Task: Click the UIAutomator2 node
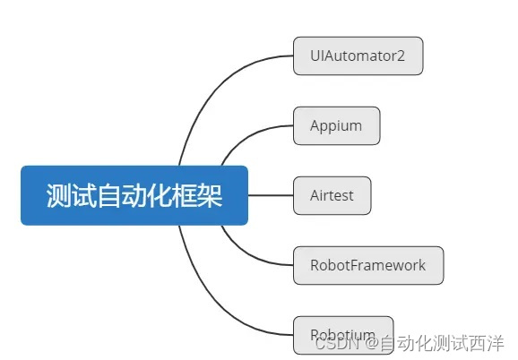tap(357, 56)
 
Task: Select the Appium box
tap(336, 125)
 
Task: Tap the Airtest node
tap(332, 195)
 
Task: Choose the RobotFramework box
tap(367, 265)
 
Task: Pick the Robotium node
tap(342, 334)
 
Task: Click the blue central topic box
tap(134, 195)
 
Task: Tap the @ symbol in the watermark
tap(369, 342)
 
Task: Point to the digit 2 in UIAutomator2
tap(401, 56)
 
